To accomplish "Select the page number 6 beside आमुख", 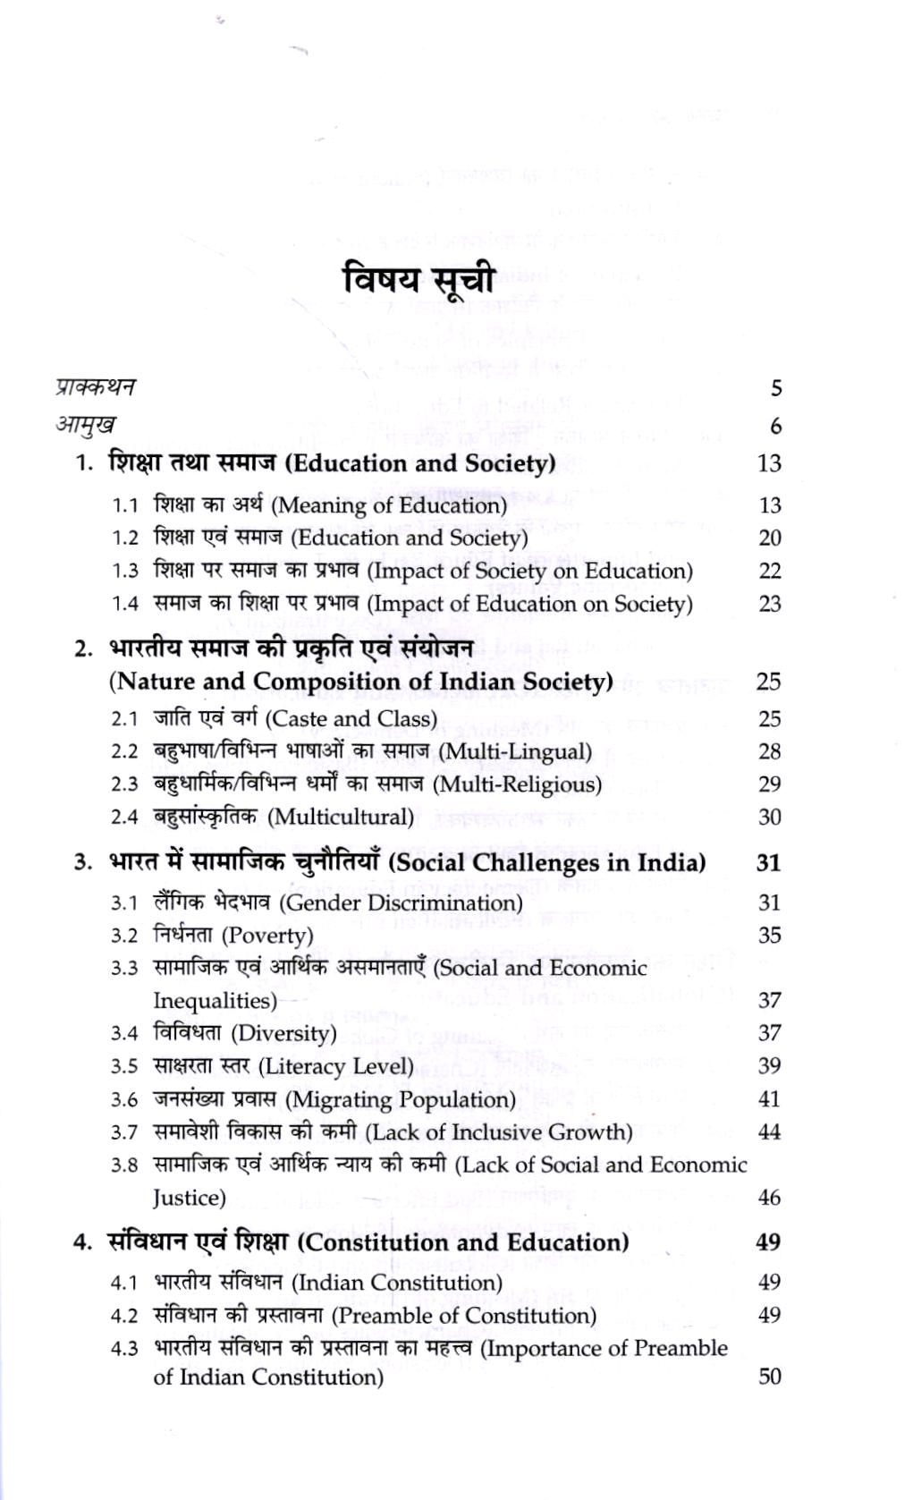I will [x=774, y=427].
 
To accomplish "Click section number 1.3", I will [x=125, y=571].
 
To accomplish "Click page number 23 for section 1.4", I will [x=769, y=604].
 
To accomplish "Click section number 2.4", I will [x=125, y=817].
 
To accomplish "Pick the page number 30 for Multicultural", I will [x=769, y=817].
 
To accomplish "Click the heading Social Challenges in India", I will [x=548, y=862].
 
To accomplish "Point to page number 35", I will [x=769, y=936].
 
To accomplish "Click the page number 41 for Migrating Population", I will [x=769, y=1098].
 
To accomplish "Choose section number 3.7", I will [x=125, y=1132].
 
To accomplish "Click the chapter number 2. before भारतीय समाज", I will [x=85, y=649].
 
